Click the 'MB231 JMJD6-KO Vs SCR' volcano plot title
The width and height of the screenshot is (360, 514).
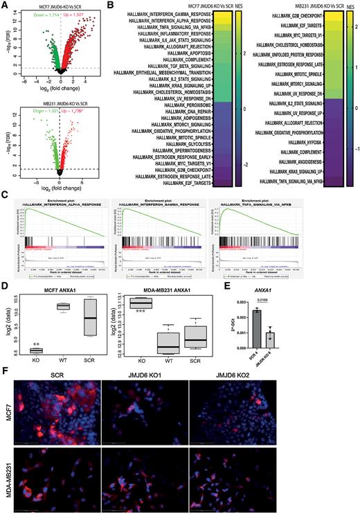(60, 103)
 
